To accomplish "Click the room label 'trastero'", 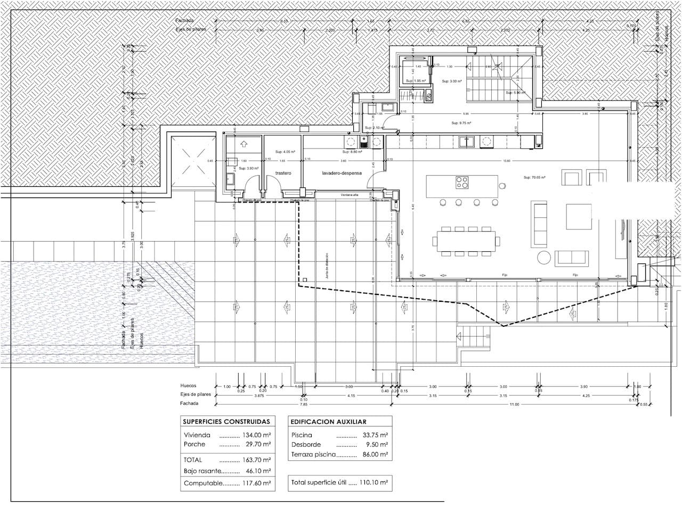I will point(283,174).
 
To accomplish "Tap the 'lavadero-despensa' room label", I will point(342,174).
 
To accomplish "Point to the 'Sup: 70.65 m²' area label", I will point(534,178).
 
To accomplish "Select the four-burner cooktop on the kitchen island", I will point(462,183).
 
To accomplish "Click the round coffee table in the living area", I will point(544,258).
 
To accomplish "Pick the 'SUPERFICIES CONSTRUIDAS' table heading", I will point(226,422).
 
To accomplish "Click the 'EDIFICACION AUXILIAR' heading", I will point(328,422).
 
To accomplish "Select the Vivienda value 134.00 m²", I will point(257,435).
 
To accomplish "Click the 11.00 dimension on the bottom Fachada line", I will point(514,405).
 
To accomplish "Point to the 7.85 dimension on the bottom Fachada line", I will point(304,405).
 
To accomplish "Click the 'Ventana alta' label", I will point(350,195).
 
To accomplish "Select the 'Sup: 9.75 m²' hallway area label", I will point(461,123).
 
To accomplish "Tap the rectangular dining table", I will point(467,241).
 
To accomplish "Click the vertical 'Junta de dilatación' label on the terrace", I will point(326,266).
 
